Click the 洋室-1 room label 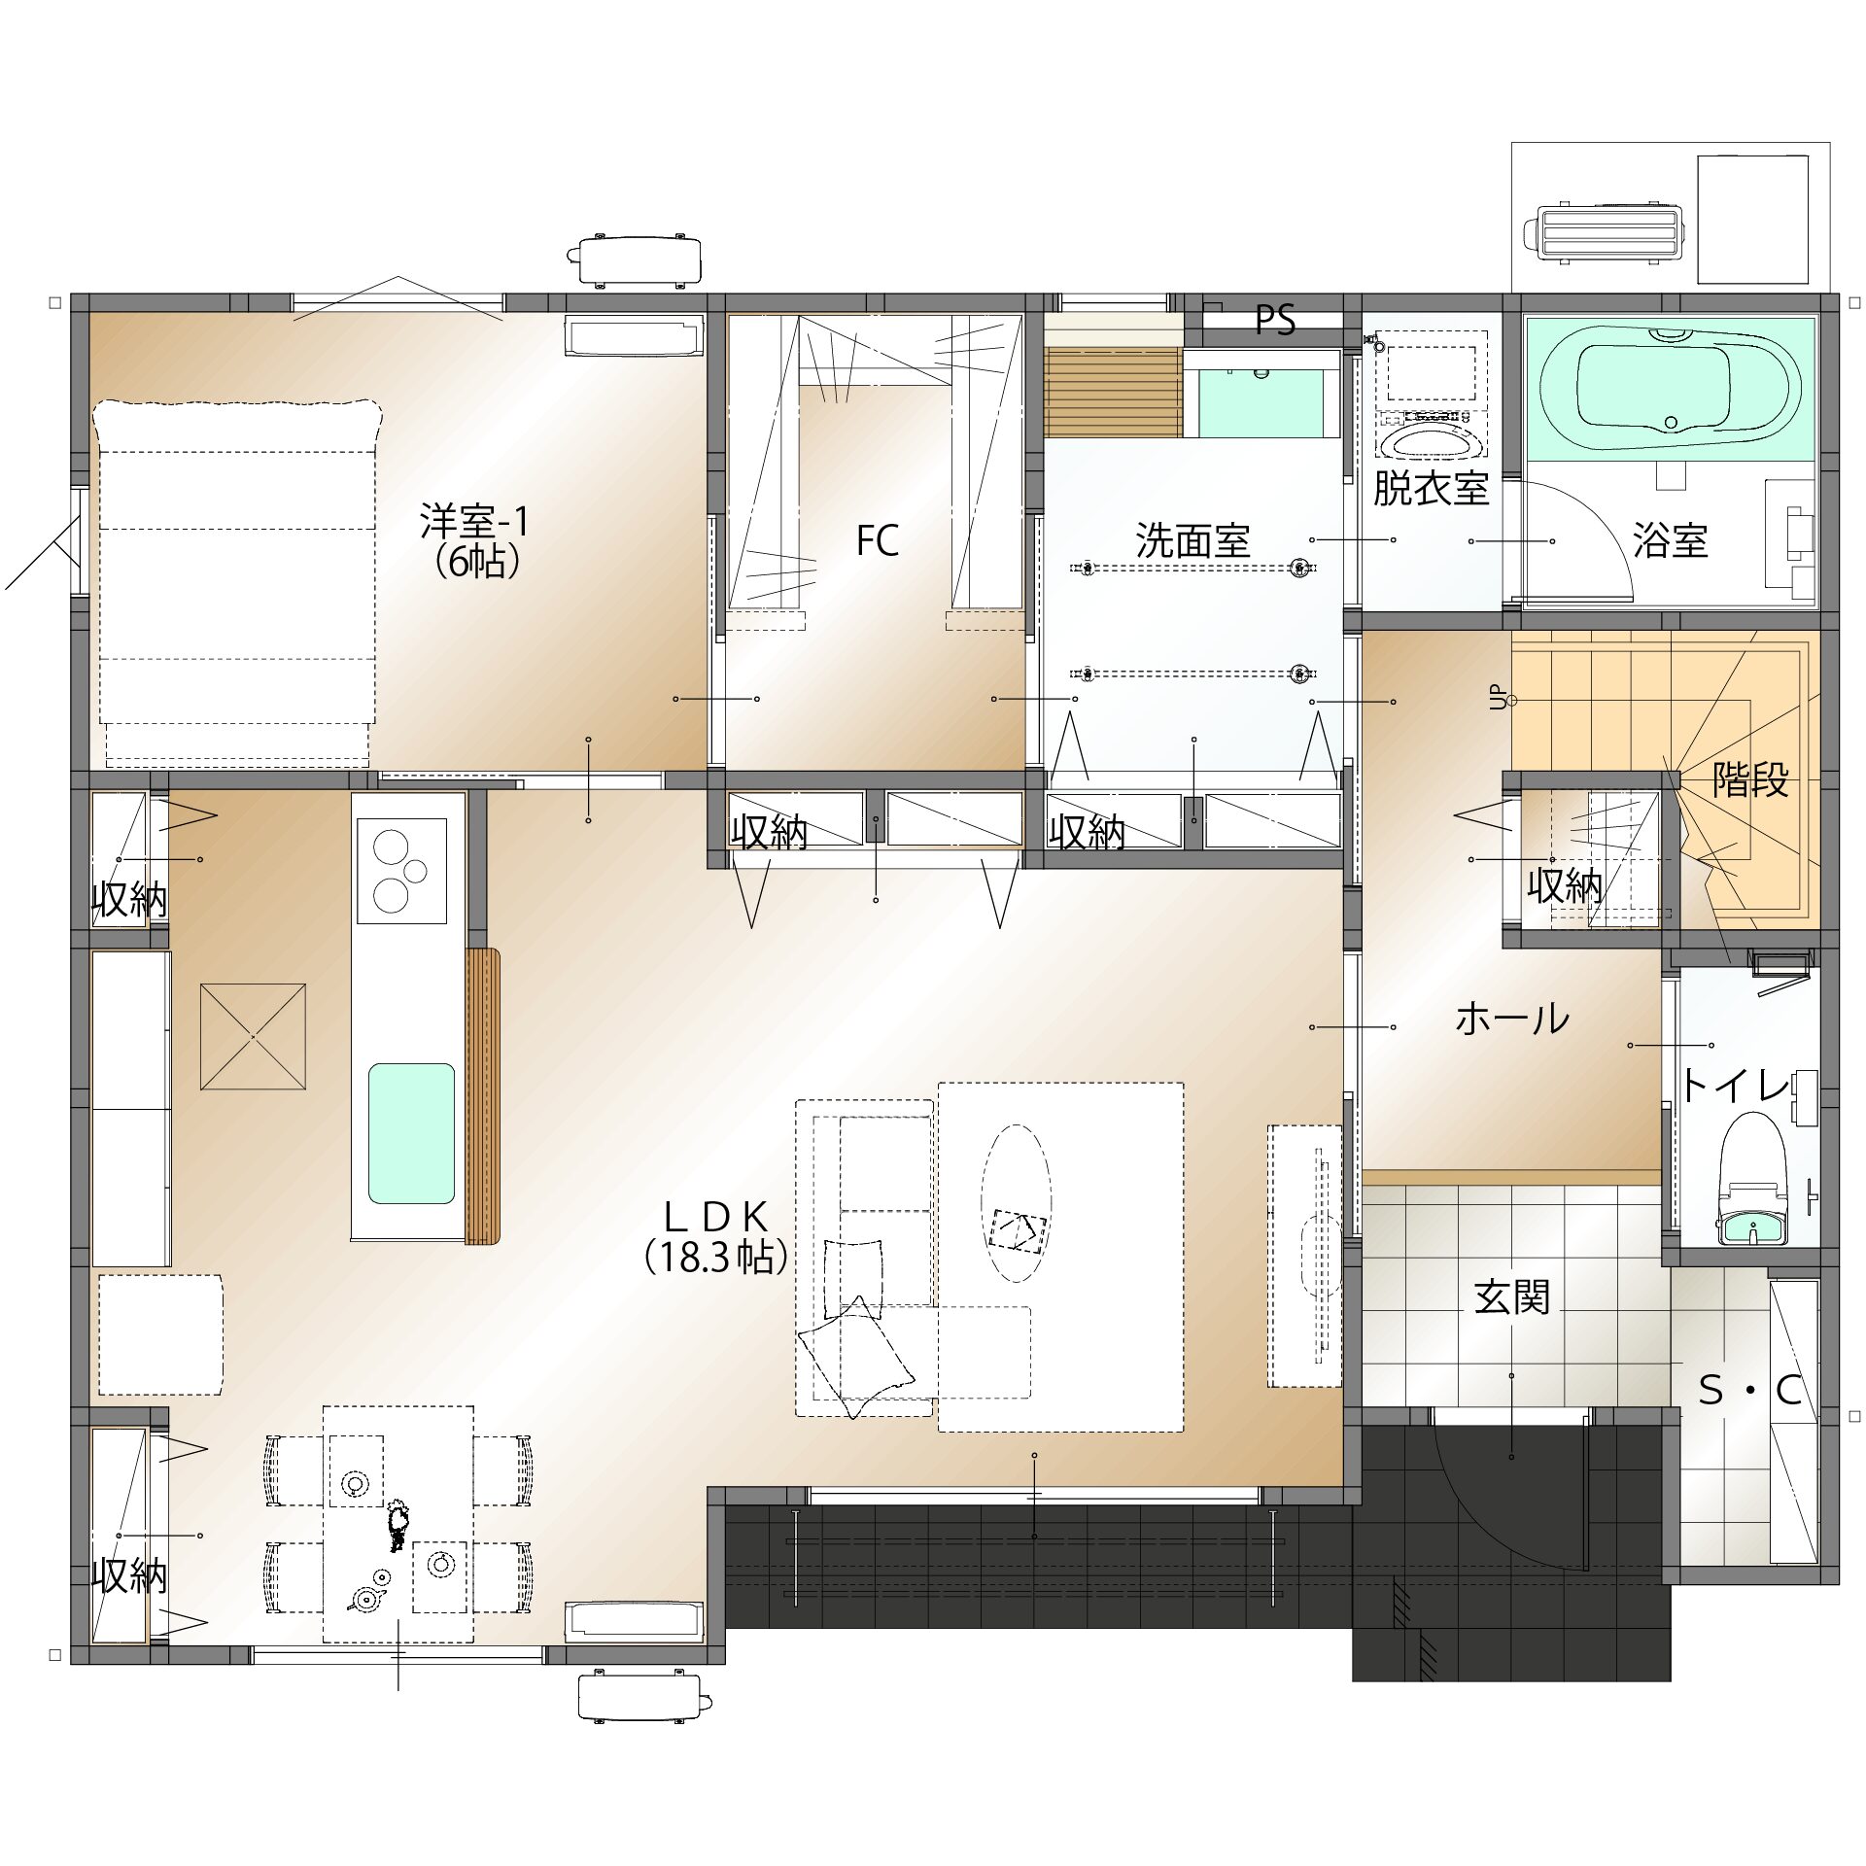(x=474, y=522)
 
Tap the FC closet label (x=877, y=540)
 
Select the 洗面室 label (x=1192, y=540)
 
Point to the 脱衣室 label (x=1431, y=488)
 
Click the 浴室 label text (x=1670, y=540)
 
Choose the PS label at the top (x=1275, y=319)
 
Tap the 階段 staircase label (x=1750, y=779)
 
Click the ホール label (x=1512, y=1019)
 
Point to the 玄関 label (x=1512, y=1296)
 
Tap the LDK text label (x=716, y=1217)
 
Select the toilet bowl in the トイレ (x=1749, y=1178)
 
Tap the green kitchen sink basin (x=411, y=1133)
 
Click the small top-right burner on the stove (x=415, y=871)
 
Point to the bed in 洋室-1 (x=236, y=580)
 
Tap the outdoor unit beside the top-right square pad (x=1604, y=233)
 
